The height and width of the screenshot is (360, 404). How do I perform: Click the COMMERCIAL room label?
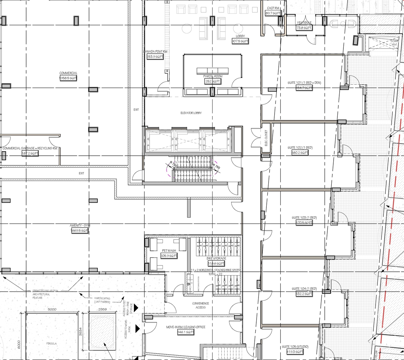tap(68, 73)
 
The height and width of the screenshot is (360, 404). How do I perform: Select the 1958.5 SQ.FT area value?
tap(68, 78)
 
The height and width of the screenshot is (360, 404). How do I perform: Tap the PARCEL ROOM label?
tap(213, 76)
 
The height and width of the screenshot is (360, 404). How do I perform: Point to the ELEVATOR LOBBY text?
tap(191, 113)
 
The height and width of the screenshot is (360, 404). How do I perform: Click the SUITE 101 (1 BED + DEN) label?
tap(304, 83)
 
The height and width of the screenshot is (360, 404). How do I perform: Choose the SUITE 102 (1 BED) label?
tap(300, 148)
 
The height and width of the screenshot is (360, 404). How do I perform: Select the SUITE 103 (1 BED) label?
tap(304, 218)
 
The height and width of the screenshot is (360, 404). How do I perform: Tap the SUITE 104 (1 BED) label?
tap(304, 289)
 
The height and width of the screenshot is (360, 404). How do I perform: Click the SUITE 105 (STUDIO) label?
tap(295, 347)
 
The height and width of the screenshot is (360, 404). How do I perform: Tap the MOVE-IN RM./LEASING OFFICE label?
tap(186, 327)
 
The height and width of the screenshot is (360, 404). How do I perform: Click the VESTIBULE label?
tap(304, 23)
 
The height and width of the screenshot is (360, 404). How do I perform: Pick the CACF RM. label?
tap(273, 8)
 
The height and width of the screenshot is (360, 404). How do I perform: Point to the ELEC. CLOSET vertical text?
tap(266, 138)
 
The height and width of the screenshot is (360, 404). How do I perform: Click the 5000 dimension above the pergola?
tap(52, 309)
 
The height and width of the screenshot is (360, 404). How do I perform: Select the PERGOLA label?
tap(51, 343)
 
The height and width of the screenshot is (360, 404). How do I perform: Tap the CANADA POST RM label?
tap(155, 52)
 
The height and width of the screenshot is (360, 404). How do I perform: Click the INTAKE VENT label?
tap(394, 43)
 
